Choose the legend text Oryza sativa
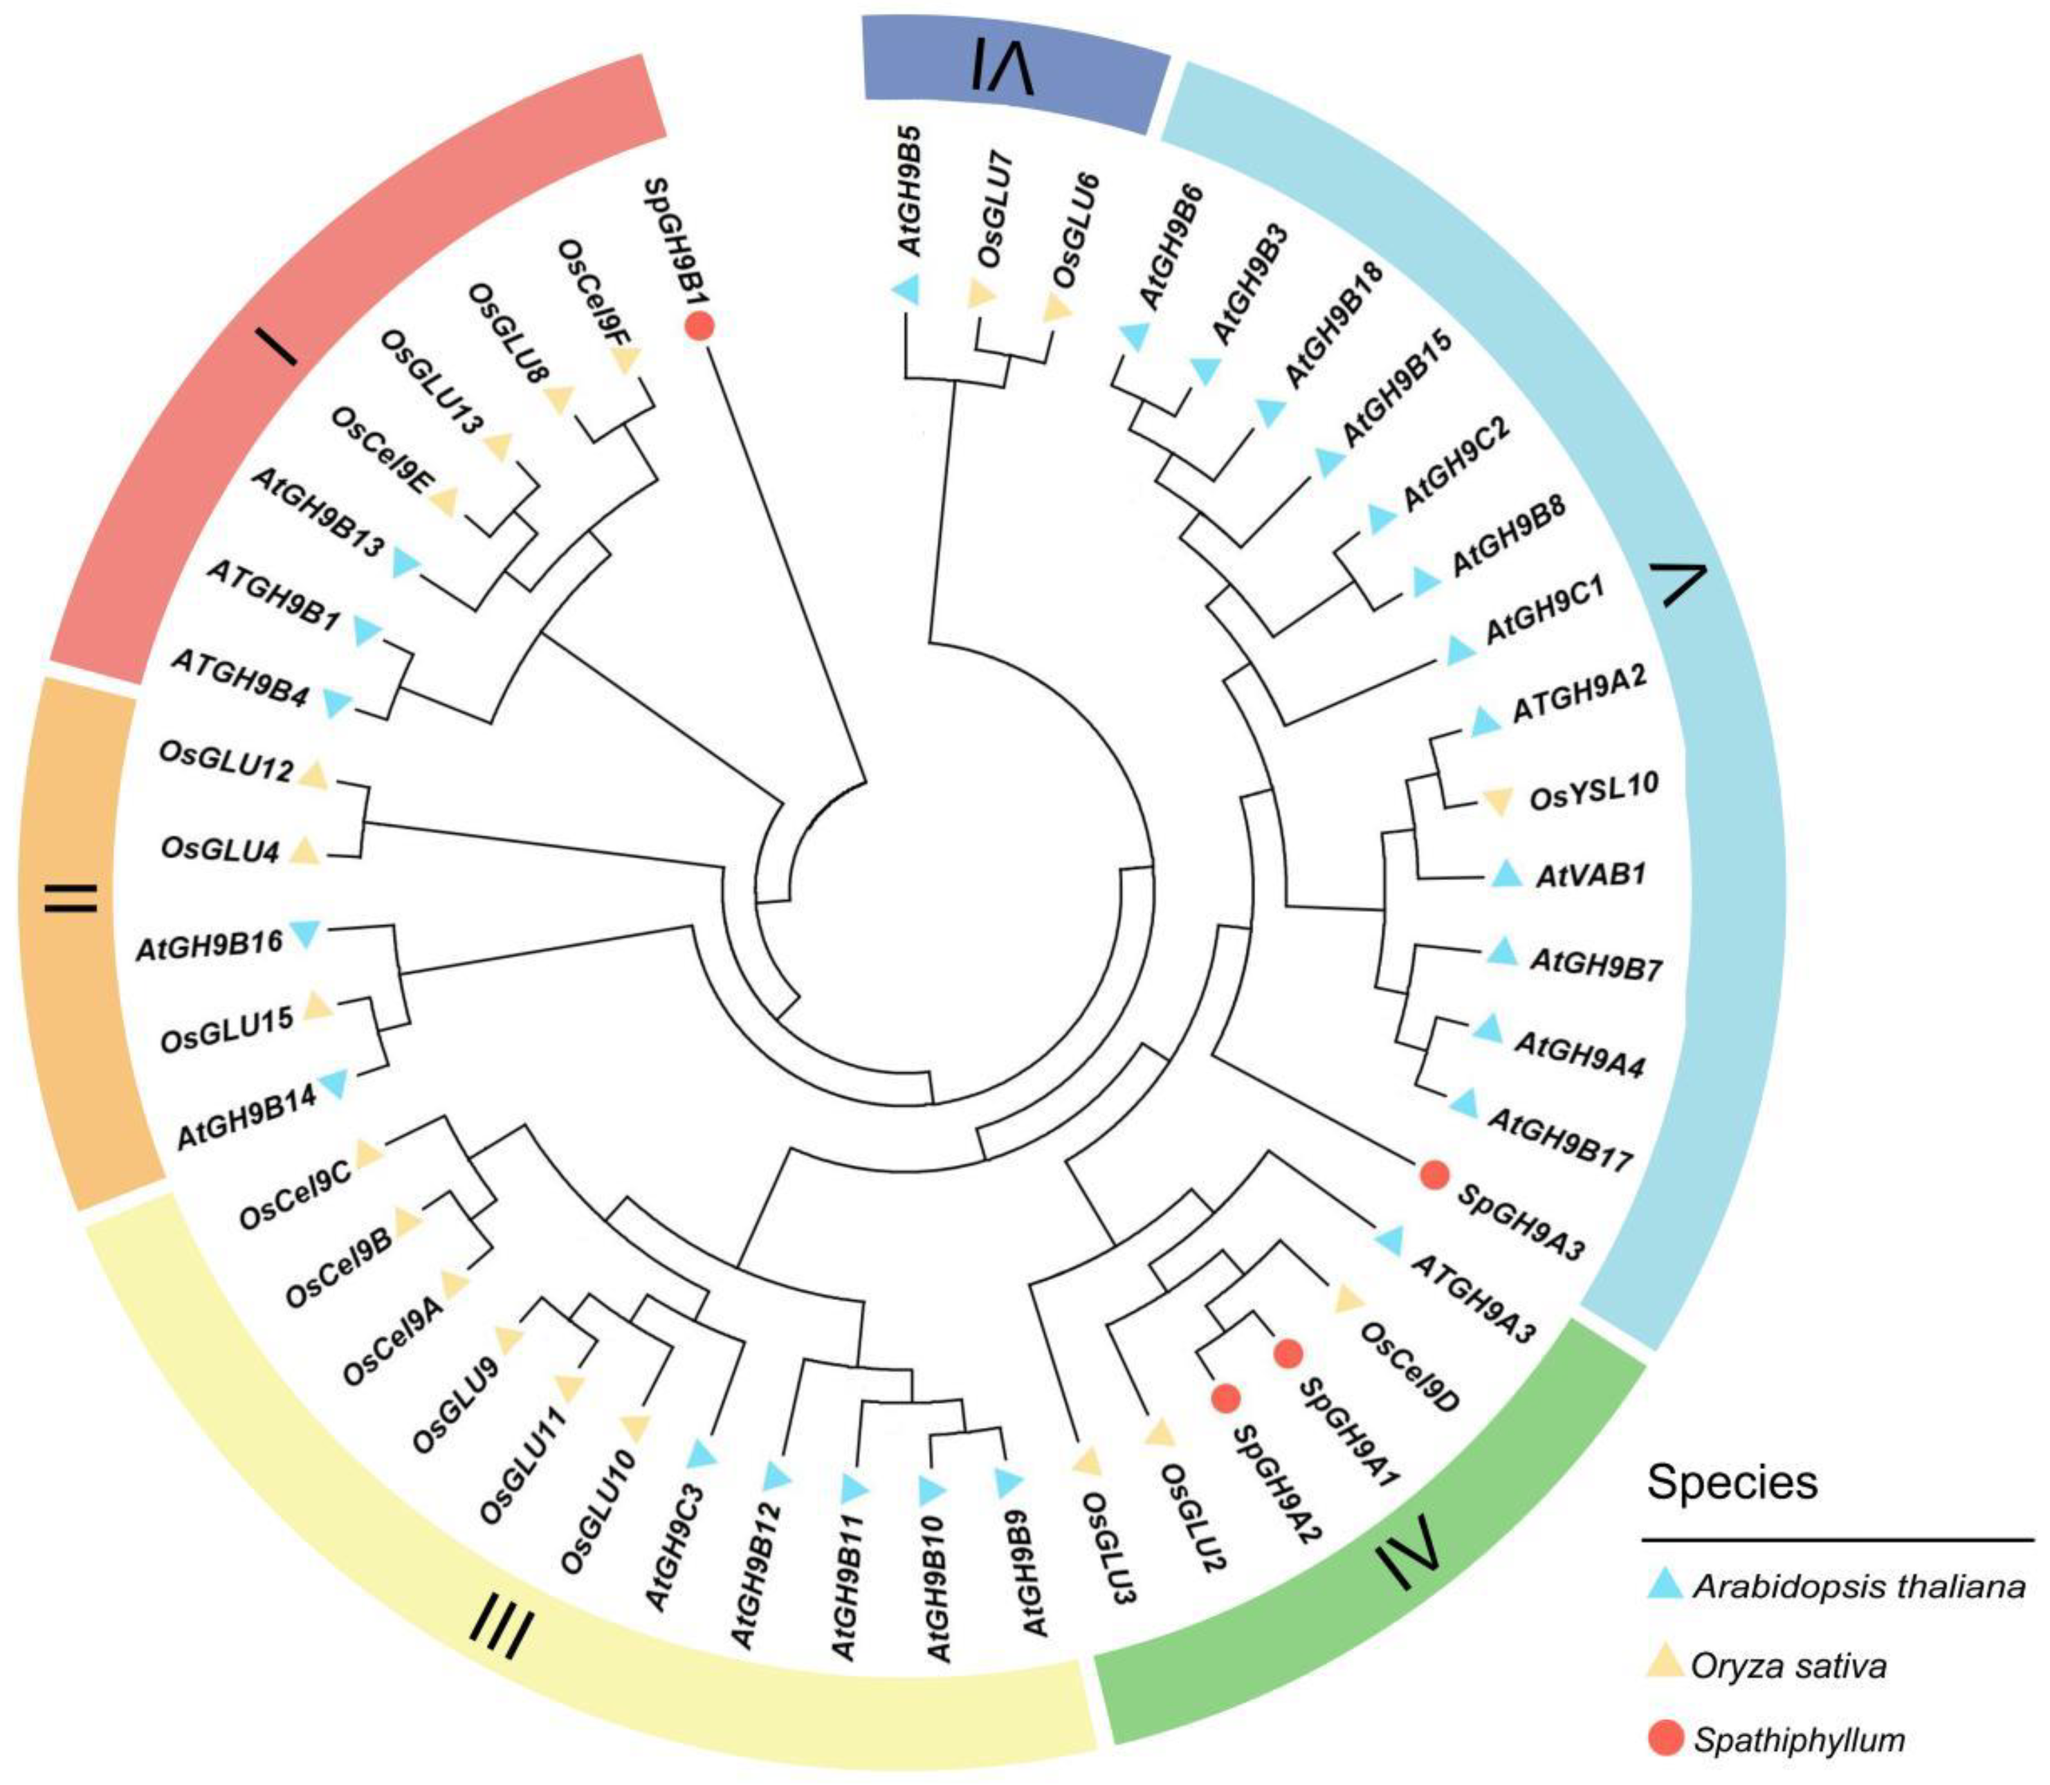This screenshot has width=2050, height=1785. (x=1788, y=1665)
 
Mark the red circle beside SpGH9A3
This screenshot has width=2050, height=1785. (x=1434, y=1174)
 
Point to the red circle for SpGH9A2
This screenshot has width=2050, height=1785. (x=1225, y=1398)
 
